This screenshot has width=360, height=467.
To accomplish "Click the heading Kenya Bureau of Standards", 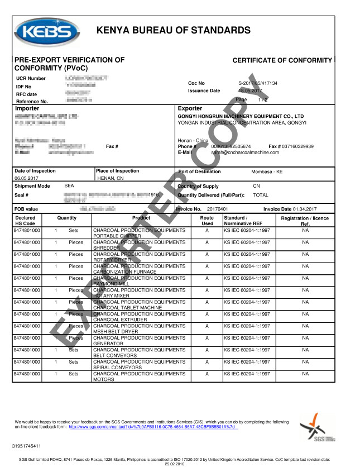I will [x=173, y=30].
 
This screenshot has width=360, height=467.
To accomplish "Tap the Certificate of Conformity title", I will [x=282, y=60].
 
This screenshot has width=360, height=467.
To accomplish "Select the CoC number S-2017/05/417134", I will [x=258, y=83].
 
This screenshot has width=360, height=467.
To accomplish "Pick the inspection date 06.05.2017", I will [x=25, y=178].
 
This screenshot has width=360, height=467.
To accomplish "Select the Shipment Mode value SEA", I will [x=69, y=185].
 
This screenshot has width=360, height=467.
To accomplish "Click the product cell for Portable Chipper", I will [x=147, y=233].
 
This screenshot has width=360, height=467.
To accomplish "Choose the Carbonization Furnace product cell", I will [x=147, y=269].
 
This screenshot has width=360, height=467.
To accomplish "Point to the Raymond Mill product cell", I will [x=147, y=281].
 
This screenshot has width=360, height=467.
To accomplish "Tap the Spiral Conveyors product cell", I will [x=147, y=365].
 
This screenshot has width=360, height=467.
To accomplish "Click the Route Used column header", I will [x=207, y=221].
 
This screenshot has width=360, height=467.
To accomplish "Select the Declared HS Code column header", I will [x=25, y=221].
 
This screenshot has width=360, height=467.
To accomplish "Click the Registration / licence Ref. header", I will [x=305, y=221].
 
